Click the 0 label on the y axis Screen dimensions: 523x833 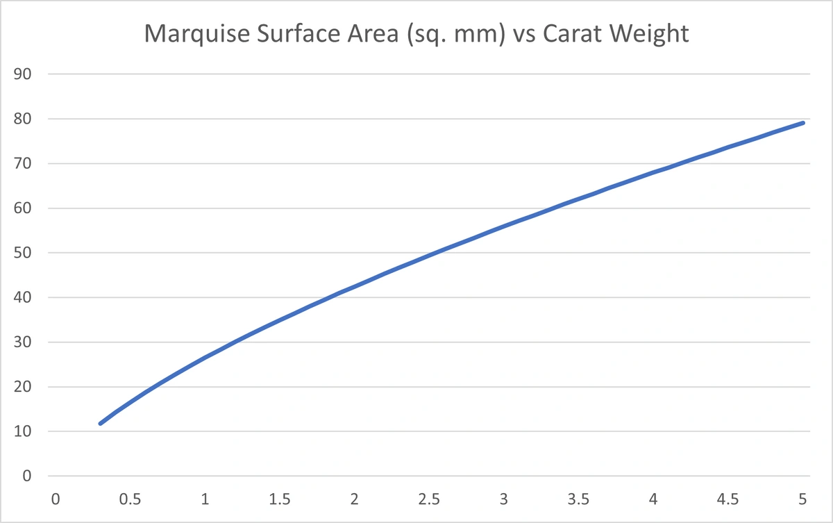pos(28,476)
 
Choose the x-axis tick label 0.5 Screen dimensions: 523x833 pos(131,499)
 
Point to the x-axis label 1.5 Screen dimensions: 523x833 pos(280,499)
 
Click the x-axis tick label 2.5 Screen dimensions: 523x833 pos(429,499)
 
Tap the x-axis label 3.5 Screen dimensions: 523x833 pos(578,499)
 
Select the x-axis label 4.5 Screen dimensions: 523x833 pos(727,499)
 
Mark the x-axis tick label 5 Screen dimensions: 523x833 pos(802,499)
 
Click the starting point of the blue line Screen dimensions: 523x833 pos(101,423)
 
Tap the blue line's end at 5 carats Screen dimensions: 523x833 pos(802,123)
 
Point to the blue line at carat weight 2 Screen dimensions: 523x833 pos(355,286)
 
